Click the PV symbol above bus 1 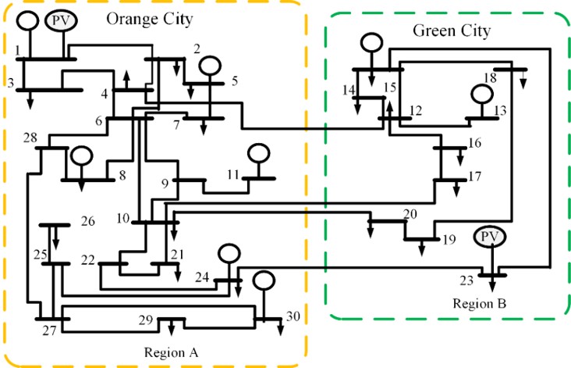(61, 21)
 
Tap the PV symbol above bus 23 (490, 237)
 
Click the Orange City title (149, 20)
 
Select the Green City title (452, 30)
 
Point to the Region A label (171, 352)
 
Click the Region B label (479, 303)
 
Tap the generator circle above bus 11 (258, 153)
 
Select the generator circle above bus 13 (482, 94)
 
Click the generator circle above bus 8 (82, 156)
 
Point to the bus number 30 (293, 316)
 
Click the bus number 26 (88, 221)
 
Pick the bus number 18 (490, 77)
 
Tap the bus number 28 (30, 138)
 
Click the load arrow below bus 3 (30, 100)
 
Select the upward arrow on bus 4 (126, 80)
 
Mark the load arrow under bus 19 (422, 247)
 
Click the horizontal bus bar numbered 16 (450, 148)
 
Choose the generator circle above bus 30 (264, 280)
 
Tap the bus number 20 (410, 214)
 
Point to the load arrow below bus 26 (55, 238)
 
